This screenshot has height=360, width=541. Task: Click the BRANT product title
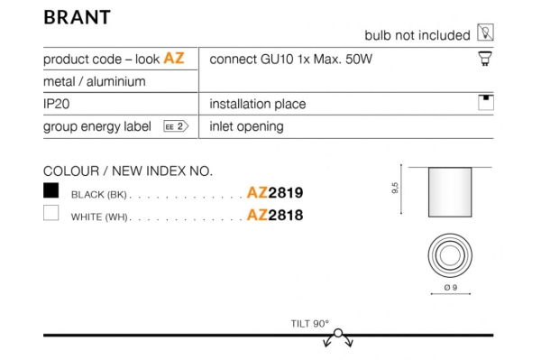(x=77, y=17)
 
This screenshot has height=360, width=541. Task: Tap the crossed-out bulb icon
(x=485, y=32)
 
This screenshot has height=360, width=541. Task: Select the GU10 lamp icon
(x=485, y=59)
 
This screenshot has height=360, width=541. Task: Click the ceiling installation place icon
(x=486, y=102)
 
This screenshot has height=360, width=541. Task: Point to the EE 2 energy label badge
(x=176, y=126)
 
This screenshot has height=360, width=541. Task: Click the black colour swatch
(x=51, y=190)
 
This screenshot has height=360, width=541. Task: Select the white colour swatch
(x=51, y=213)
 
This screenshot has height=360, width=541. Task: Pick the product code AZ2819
(x=275, y=192)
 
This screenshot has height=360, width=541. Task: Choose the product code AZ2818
(x=275, y=215)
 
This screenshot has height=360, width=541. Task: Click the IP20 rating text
(x=56, y=104)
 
